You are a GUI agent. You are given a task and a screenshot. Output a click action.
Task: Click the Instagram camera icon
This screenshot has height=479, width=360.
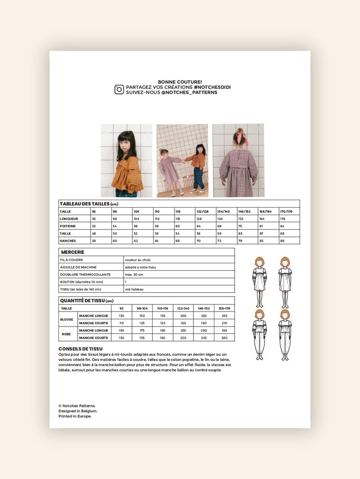(x=119, y=89)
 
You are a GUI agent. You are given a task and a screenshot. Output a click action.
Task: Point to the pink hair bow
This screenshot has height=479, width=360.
(x=242, y=137)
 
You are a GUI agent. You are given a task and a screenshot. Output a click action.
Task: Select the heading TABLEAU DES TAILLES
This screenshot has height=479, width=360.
(x=85, y=204)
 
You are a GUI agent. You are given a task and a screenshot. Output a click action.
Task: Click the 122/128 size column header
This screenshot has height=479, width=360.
(x=203, y=211)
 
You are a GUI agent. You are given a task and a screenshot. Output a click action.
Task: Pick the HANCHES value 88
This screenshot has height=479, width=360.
(x=283, y=240)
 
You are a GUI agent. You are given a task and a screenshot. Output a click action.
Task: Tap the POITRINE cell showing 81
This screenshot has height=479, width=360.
(x=262, y=226)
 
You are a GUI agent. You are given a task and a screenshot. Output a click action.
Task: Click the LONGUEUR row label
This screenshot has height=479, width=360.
(x=69, y=218)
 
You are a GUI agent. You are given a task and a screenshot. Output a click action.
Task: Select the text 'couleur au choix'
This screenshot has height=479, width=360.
(x=138, y=260)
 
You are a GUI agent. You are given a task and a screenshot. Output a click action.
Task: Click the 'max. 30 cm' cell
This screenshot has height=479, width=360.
(x=135, y=275)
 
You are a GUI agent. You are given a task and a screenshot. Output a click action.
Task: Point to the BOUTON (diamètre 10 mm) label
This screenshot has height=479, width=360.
(x=81, y=282)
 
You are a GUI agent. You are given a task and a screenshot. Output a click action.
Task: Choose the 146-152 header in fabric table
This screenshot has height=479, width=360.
(x=203, y=309)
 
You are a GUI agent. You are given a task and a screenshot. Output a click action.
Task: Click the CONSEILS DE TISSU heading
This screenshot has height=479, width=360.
(x=81, y=349)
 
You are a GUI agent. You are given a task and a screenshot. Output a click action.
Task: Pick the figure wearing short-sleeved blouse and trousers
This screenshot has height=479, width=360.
(x=285, y=334)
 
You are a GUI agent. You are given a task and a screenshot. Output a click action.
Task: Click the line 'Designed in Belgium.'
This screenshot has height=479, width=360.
(x=78, y=411)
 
